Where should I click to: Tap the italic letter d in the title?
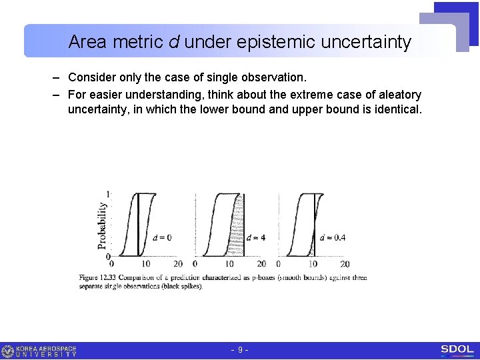(x=173, y=43)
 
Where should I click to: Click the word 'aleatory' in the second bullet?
(x=397, y=95)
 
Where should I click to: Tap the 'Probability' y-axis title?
(x=103, y=225)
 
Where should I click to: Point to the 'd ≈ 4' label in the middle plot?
(x=256, y=237)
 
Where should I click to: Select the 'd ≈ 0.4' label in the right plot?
(x=333, y=237)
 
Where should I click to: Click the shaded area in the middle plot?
(x=237, y=227)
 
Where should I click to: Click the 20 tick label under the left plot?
(x=177, y=264)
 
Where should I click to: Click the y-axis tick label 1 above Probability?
(x=109, y=194)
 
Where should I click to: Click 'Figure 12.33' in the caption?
(x=96, y=277)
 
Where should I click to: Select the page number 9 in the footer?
(x=240, y=350)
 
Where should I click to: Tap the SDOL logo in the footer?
(x=457, y=349)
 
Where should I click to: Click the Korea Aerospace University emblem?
(x=8, y=351)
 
